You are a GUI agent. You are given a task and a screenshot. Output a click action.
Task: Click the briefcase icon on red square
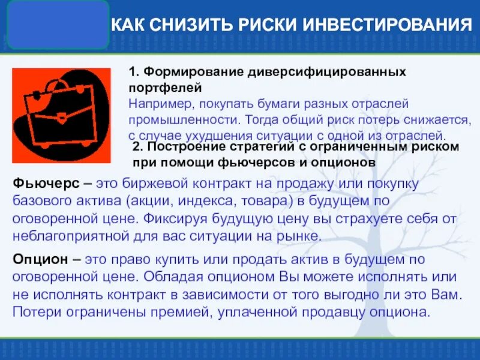tap(61, 115)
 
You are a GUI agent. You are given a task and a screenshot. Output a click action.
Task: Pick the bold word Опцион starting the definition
tap(38, 260)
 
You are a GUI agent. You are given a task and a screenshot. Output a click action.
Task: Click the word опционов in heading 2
tap(347, 162)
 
